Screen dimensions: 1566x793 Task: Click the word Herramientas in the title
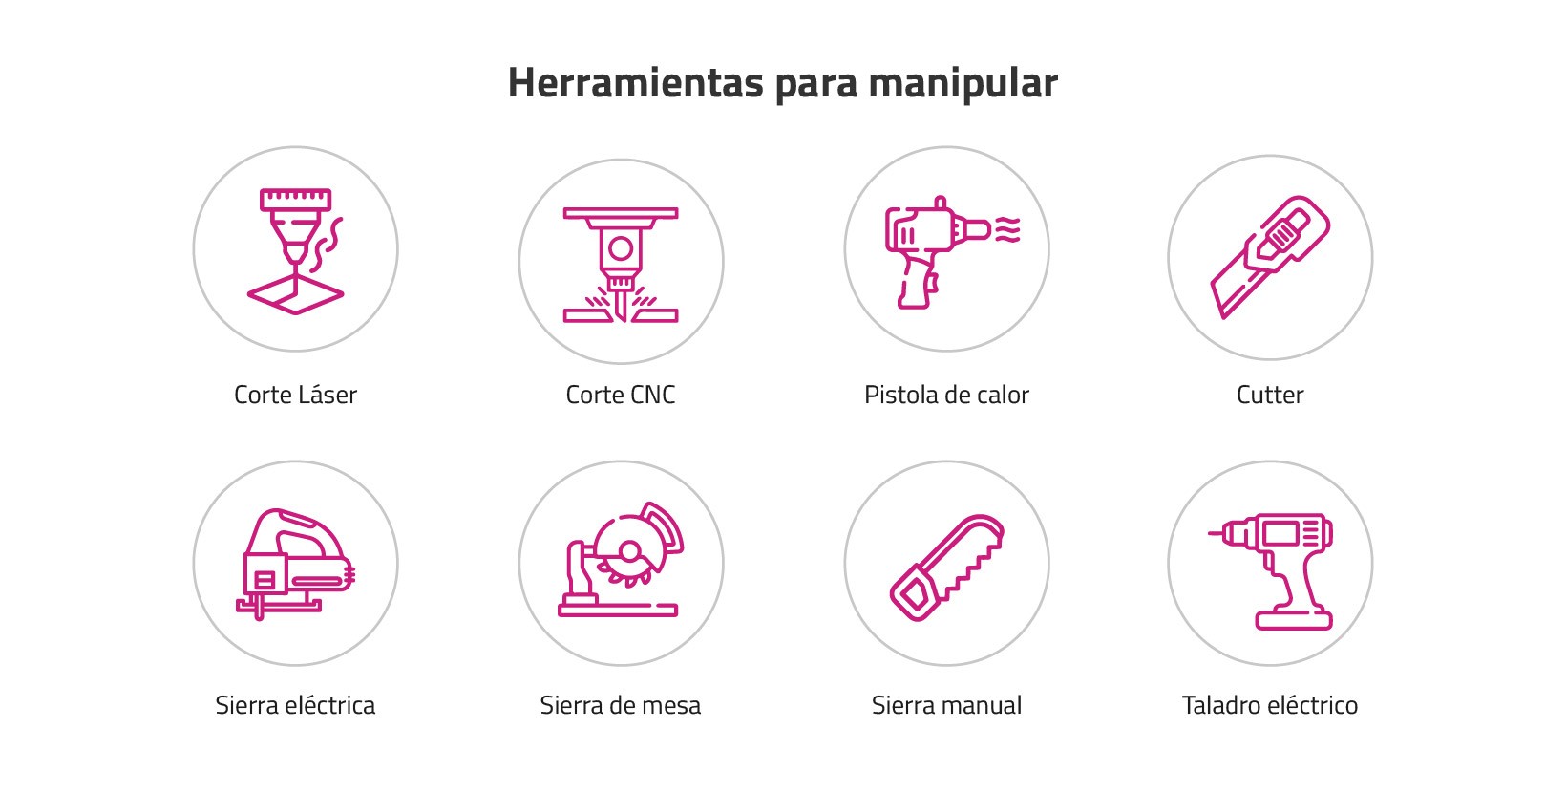point(636,82)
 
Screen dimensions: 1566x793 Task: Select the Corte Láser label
point(296,395)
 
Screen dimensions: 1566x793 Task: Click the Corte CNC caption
point(621,395)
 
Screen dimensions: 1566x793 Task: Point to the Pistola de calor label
point(946,395)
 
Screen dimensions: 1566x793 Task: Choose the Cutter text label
point(1270,395)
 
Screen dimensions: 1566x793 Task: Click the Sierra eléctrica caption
point(295,705)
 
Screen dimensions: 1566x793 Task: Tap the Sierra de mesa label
point(621,705)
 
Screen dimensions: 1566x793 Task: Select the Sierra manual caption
point(946,705)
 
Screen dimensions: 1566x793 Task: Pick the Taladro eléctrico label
point(1270,705)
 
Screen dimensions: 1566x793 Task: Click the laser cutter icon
point(296,251)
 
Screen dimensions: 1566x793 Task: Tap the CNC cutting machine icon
point(621,265)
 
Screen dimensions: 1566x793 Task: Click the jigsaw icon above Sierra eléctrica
point(296,564)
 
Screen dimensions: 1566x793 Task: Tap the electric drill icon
point(1271,571)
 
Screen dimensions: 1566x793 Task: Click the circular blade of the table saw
point(629,551)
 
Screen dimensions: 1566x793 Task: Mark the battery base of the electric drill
point(1294,619)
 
